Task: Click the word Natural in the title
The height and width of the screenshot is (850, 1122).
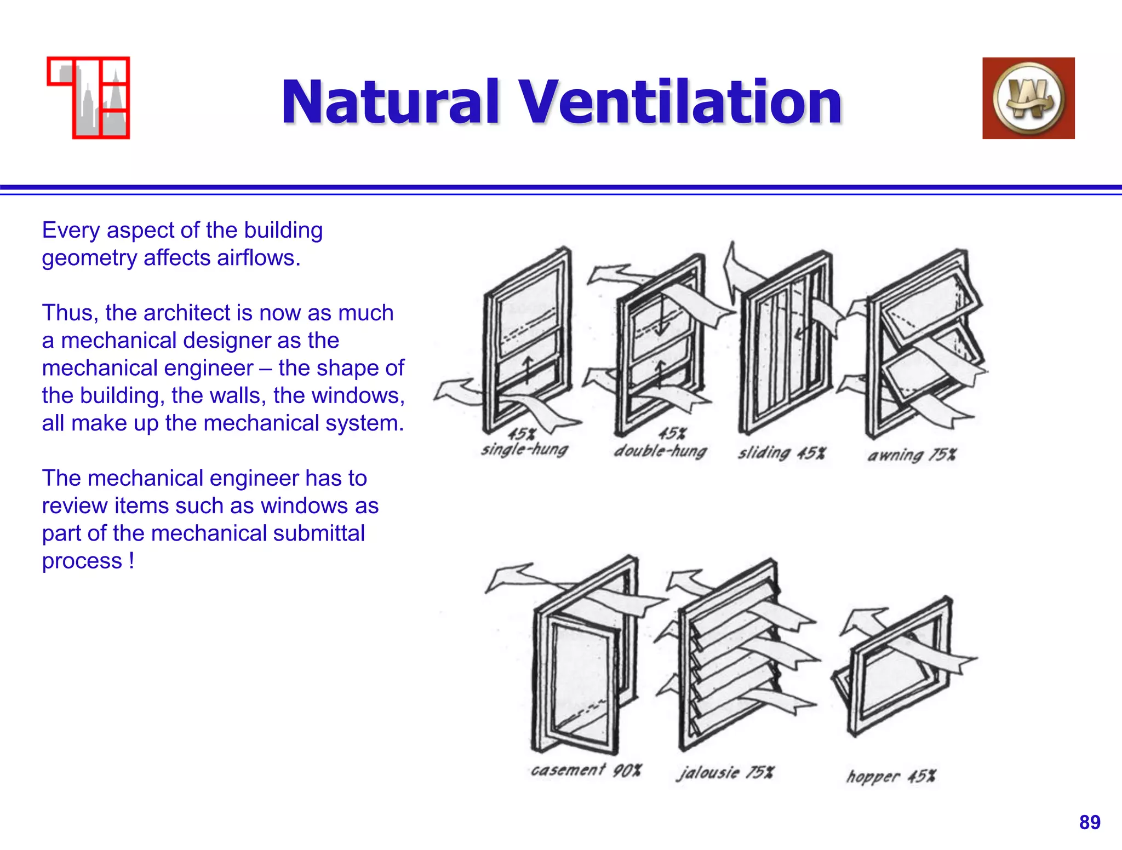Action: [391, 102]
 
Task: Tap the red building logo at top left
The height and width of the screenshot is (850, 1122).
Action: [89, 97]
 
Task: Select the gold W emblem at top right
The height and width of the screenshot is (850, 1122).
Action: [1028, 99]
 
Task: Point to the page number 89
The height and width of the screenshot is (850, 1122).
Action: [1090, 822]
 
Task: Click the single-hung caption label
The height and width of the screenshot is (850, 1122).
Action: [524, 450]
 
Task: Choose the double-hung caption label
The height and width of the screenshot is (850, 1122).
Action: [660, 451]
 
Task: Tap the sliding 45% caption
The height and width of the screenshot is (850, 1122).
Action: [781, 453]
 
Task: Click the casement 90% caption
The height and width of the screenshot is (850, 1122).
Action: [586, 770]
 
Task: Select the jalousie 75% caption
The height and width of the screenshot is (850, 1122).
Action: [725, 772]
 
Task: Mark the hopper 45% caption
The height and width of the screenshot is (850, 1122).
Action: [891, 776]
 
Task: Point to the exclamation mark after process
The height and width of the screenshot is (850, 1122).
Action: [131, 561]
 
